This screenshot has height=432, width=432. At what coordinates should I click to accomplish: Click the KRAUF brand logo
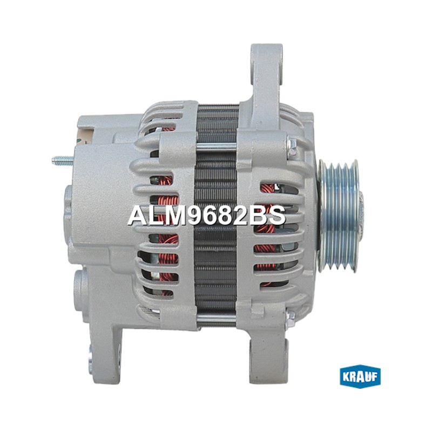click(360, 376)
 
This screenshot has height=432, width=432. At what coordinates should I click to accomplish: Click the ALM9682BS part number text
click(207, 215)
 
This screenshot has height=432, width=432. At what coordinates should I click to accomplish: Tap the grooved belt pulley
click(340, 217)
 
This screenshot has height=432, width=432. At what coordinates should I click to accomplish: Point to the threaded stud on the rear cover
click(63, 160)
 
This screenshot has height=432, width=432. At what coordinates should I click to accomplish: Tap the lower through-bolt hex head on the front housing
click(291, 318)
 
